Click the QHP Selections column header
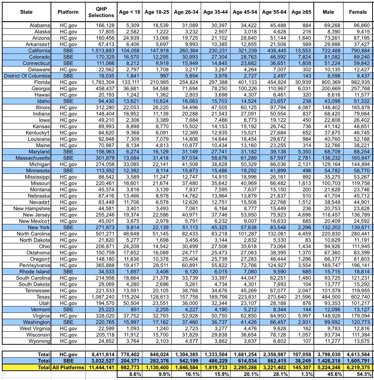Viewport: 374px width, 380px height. coord(101,12)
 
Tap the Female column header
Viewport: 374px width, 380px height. coord(358,12)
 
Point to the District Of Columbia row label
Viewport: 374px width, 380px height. coord(27,76)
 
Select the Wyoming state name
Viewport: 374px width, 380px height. coord(39,341)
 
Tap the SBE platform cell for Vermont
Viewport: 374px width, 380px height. coord(68,309)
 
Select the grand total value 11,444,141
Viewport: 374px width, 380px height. coord(101,367)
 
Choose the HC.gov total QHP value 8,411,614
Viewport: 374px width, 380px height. coord(101,354)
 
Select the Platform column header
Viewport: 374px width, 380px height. coord(68,12)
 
